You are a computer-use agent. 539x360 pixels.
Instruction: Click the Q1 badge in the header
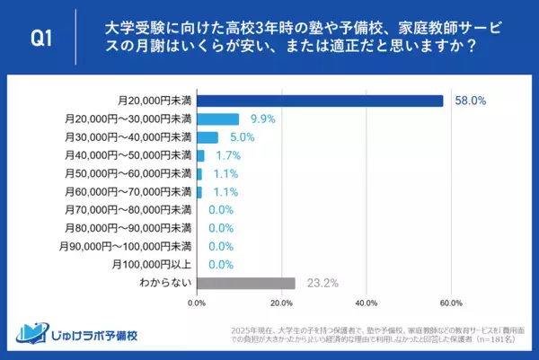(41, 38)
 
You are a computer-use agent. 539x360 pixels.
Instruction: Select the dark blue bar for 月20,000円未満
(320, 101)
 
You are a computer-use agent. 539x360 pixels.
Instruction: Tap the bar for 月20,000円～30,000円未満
(217, 119)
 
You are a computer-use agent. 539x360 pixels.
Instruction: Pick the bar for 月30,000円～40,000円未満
(208, 137)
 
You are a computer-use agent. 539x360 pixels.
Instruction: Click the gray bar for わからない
(245, 283)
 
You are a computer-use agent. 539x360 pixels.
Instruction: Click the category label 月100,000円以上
(152, 264)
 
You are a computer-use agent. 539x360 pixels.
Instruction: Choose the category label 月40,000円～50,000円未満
(127, 155)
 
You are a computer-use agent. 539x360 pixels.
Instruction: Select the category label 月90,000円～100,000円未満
(124, 246)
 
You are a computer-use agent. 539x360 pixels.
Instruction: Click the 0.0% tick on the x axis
(197, 303)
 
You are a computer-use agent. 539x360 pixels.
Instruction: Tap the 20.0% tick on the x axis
(281, 303)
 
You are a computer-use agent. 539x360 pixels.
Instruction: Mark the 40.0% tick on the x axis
(366, 303)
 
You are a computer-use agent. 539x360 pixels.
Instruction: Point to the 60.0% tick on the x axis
(450, 303)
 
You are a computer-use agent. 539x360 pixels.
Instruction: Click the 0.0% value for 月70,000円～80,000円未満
(221, 210)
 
